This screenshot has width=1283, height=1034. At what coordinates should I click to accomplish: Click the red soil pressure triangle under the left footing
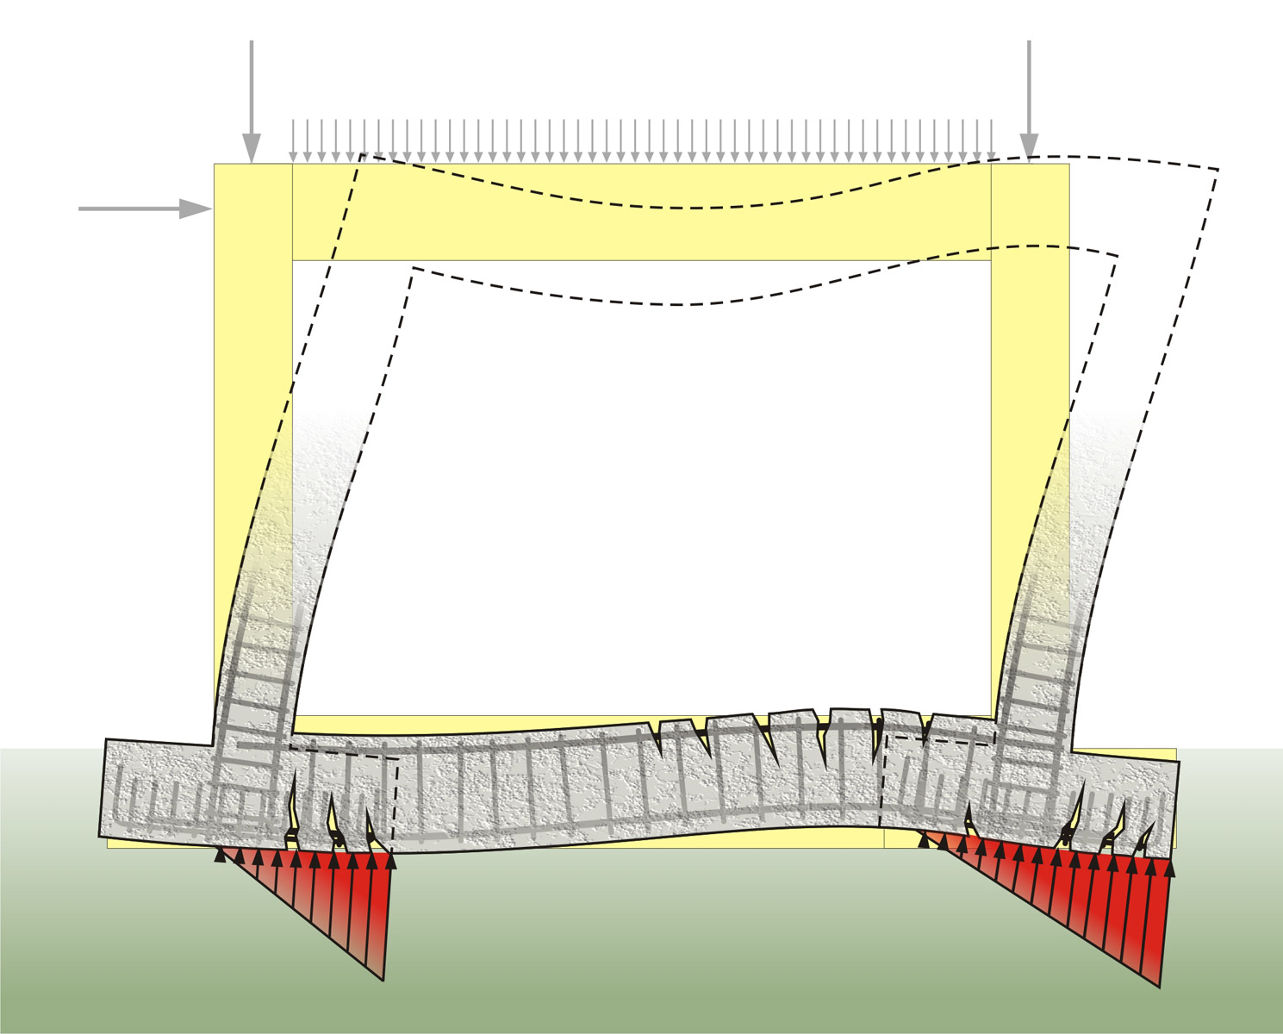(x=345, y=896)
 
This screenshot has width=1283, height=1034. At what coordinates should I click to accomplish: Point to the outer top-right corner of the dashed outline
(x=1218, y=170)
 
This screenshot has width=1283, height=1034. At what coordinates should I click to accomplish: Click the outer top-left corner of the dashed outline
(x=361, y=155)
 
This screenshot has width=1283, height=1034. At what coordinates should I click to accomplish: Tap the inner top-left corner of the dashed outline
(x=413, y=269)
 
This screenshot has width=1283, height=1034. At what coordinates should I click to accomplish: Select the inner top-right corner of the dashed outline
(x=1118, y=256)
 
